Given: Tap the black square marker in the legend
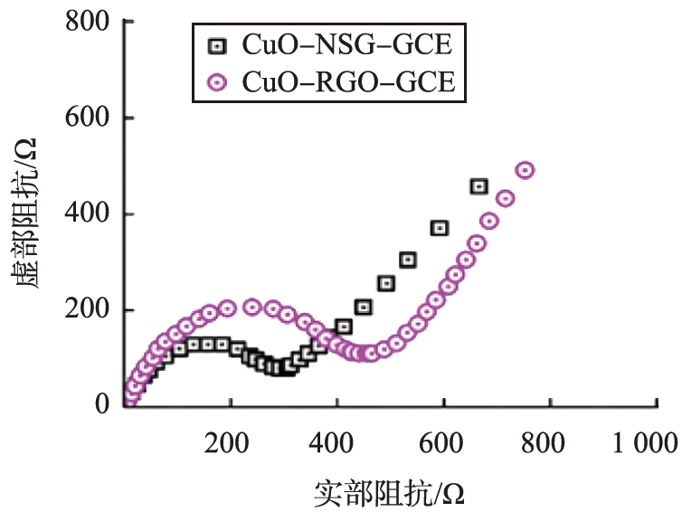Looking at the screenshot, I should click(x=215, y=44).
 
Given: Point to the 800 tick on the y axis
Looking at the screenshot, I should click(x=88, y=21).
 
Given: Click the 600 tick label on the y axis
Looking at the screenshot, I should click(x=88, y=118).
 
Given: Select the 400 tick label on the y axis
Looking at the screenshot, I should click(x=88, y=214).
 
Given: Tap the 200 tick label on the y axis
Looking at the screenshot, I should click(x=88, y=310).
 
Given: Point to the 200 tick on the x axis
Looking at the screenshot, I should click(x=226, y=443).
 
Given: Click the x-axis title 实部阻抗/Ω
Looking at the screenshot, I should click(x=390, y=493).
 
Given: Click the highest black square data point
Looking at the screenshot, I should click(x=478, y=186).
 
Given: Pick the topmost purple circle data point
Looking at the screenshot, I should click(x=524, y=170).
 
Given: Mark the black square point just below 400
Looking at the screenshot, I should click(x=440, y=228).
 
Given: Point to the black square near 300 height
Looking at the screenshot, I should click(x=407, y=260).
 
